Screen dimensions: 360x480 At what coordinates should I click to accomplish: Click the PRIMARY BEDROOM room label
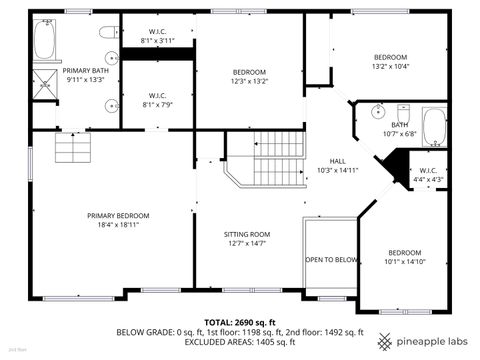click(118, 216)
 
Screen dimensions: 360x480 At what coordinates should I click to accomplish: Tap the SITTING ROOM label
click(246, 234)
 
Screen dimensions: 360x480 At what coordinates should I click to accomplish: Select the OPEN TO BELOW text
click(331, 259)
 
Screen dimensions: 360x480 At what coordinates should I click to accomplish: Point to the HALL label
click(338, 161)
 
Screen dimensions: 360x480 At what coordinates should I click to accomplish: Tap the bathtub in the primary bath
click(46, 41)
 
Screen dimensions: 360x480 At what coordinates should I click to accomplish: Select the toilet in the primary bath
click(108, 32)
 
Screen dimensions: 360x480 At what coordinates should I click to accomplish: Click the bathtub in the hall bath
click(433, 127)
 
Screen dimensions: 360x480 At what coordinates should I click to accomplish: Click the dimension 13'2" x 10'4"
click(390, 66)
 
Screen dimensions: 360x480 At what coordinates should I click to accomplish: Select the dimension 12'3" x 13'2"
click(249, 81)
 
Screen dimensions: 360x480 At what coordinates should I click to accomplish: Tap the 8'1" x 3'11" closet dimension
click(156, 41)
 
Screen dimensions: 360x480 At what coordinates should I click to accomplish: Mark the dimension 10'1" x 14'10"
click(404, 261)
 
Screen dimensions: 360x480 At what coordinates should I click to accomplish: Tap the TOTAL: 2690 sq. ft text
click(240, 321)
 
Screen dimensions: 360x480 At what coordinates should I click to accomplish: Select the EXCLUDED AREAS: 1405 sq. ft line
click(240, 342)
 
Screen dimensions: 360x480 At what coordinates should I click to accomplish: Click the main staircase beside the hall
click(277, 158)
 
